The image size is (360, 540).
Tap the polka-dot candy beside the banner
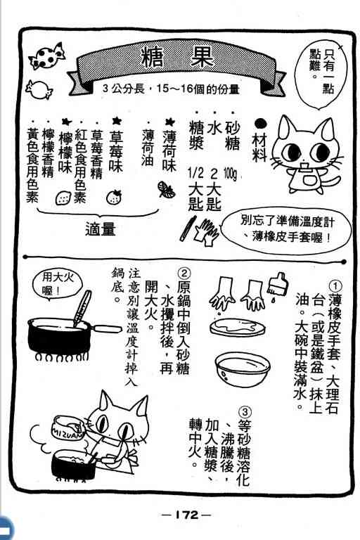point(47,56)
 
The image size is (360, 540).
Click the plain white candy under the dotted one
point(38,89)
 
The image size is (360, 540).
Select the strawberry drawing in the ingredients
point(114,197)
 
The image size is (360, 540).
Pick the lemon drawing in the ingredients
point(64,198)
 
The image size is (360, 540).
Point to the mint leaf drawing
point(167,190)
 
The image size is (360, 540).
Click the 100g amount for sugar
point(230,174)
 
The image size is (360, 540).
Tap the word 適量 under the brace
point(101,229)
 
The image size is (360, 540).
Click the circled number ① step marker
point(335,285)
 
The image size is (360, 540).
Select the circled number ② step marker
point(184,274)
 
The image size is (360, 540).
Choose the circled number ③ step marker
point(245,412)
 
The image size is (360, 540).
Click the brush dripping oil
point(278,284)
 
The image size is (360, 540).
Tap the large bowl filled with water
point(243,368)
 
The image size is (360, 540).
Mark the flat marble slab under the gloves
point(238,327)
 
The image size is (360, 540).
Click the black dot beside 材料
point(260,124)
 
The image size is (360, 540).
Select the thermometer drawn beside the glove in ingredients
point(188,228)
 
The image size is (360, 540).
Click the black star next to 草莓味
point(117,120)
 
